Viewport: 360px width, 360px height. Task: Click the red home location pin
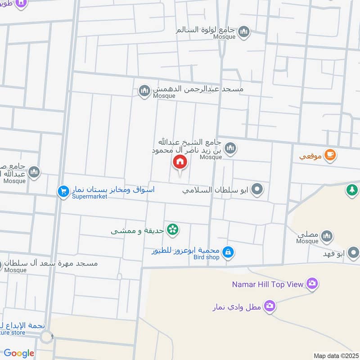tap(180, 162)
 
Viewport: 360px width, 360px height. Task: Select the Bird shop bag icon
tap(228, 252)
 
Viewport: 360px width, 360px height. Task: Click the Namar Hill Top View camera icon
tap(311, 283)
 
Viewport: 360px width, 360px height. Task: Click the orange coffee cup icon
tap(330, 155)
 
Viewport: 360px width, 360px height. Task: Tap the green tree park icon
tap(352, 190)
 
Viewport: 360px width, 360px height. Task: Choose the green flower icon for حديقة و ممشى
tap(172, 230)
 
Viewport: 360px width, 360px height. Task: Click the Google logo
tap(19, 353)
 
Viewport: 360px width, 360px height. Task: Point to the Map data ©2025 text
tap(335, 355)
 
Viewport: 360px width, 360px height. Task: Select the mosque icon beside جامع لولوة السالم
tap(244, 31)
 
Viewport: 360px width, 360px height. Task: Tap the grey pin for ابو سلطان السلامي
tap(257, 189)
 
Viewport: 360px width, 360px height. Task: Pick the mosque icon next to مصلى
tap(327, 235)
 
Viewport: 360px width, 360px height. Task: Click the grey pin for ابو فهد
tap(354, 252)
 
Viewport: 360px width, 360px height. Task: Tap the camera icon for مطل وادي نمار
tap(270, 306)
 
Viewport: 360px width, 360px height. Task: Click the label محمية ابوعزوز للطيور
tap(185, 250)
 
